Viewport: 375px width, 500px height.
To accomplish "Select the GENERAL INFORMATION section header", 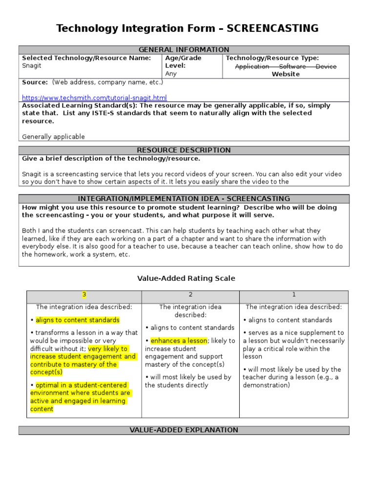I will click(x=184, y=50).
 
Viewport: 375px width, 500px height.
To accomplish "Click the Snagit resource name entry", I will click(x=32, y=66).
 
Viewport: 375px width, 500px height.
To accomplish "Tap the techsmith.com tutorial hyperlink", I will click(x=94, y=98).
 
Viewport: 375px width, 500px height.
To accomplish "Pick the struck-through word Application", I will click(x=252, y=66).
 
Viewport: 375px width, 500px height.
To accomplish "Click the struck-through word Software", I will click(x=292, y=66).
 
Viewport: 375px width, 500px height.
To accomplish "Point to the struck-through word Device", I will click(x=326, y=66).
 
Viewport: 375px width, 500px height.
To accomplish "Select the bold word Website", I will click(x=286, y=74).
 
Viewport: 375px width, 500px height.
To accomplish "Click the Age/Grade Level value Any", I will click(x=171, y=74).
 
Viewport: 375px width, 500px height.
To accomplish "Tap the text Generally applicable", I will click(x=53, y=137).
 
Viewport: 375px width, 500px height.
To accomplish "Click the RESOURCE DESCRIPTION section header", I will click(x=184, y=150).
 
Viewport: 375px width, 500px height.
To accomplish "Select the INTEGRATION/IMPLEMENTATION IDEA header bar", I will click(x=184, y=199).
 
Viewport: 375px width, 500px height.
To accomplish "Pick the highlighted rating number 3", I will click(x=84, y=295).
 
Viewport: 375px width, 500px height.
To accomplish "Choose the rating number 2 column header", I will click(x=190, y=295).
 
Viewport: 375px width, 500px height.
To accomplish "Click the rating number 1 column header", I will click(x=293, y=295).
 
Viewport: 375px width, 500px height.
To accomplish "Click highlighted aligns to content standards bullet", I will click(x=77, y=320).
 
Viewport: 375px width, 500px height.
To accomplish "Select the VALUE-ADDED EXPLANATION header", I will click(x=184, y=430).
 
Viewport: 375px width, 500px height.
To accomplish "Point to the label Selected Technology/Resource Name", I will click(x=86, y=58).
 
